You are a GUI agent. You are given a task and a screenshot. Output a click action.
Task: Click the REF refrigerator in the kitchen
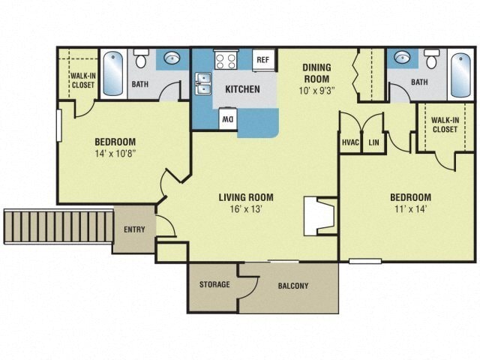(262, 60)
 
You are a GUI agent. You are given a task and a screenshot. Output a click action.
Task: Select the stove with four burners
(226, 60)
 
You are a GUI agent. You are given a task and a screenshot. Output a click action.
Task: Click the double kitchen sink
(202, 83)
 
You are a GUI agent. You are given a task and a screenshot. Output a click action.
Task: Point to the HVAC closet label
(350, 142)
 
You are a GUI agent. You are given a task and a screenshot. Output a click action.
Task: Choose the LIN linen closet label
(373, 142)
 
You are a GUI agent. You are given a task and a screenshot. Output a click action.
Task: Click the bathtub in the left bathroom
(112, 73)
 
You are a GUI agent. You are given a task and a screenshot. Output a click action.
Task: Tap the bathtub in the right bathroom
(460, 73)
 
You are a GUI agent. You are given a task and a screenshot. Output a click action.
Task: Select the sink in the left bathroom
(171, 58)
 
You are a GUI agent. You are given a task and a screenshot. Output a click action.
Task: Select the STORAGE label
(214, 285)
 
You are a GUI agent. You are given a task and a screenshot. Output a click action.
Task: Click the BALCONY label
(292, 286)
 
